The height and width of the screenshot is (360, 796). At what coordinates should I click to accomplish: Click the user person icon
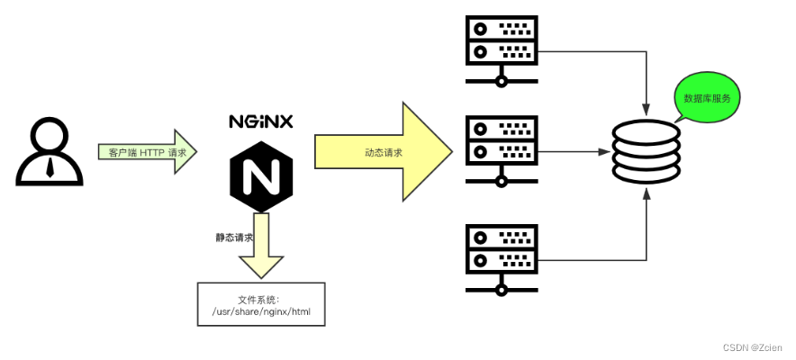(x=50, y=153)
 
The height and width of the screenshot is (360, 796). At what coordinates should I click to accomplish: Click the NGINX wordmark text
(x=260, y=121)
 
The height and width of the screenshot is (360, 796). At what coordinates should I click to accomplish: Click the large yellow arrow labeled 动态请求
(x=383, y=151)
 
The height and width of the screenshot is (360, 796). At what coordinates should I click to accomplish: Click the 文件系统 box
(x=261, y=305)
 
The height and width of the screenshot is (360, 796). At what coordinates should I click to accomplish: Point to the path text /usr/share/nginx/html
(x=261, y=312)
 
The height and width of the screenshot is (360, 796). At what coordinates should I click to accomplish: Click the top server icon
(x=502, y=50)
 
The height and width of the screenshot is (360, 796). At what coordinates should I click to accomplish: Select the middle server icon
(x=502, y=148)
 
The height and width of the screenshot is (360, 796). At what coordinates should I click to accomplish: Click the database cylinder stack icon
(x=647, y=152)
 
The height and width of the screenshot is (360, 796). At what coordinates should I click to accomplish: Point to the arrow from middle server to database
(x=576, y=152)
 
